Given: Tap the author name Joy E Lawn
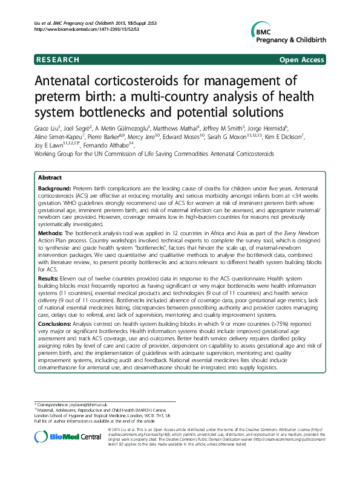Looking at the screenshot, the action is tap(47, 145).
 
